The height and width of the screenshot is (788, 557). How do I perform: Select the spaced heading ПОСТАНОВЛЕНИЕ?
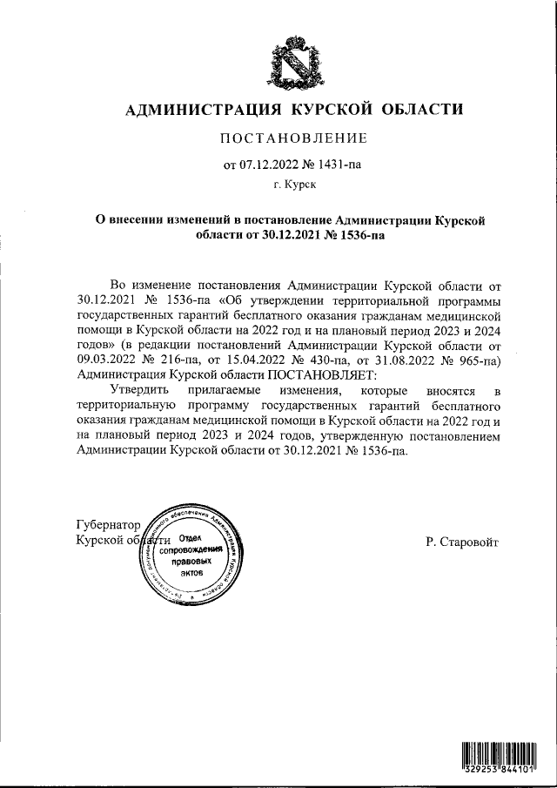click(x=292, y=138)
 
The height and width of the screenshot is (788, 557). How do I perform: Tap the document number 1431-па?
click(x=337, y=163)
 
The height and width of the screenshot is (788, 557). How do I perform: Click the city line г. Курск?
click(x=293, y=185)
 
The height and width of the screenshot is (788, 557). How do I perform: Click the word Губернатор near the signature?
click(x=109, y=526)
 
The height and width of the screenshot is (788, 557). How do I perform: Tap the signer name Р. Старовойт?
click(x=463, y=542)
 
